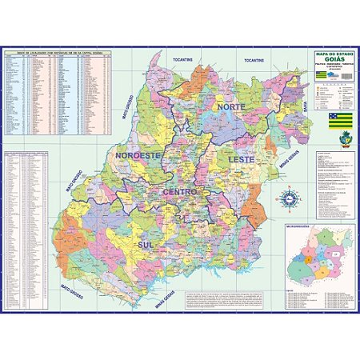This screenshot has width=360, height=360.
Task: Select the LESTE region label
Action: click(242, 160)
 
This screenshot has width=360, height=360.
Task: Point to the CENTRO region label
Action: click(180, 192)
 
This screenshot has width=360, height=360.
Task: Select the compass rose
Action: click(290, 197)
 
